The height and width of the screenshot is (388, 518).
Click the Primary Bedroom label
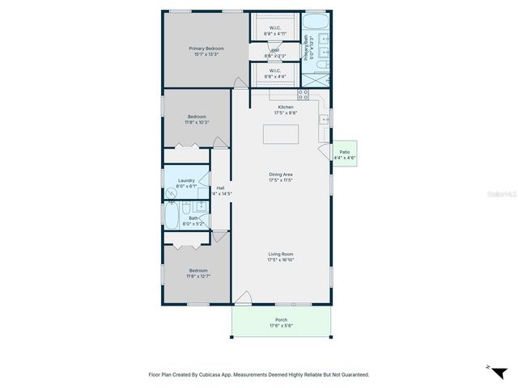point(206,49)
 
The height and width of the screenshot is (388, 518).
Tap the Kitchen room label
point(286,108)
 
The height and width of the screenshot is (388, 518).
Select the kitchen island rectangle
point(281,134)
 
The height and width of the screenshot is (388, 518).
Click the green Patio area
point(345,154)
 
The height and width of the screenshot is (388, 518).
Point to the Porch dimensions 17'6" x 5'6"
point(281,326)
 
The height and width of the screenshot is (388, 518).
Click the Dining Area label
point(281,175)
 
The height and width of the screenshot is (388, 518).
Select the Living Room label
point(281,255)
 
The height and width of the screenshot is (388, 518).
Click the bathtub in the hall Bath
point(172,215)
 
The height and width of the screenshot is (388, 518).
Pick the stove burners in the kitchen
point(304,95)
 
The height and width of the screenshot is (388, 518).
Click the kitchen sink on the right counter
point(324,120)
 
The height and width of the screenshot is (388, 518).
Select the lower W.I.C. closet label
point(274,71)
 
